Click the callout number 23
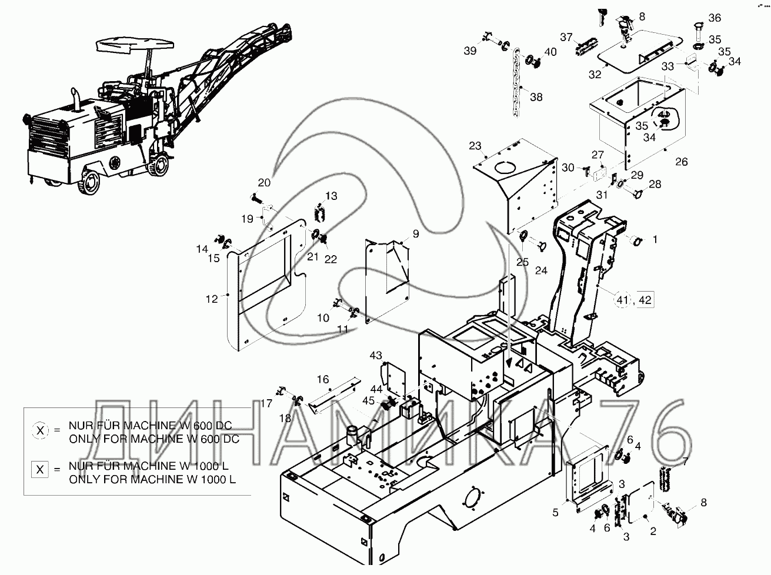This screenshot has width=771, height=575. click(x=475, y=146)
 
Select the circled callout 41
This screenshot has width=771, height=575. click(x=622, y=300)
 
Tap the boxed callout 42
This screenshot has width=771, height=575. click(x=645, y=300)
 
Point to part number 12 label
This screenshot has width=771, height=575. click(x=212, y=299)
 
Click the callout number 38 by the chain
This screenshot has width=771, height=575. click(x=536, y=97)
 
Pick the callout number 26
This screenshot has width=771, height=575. click(x=682, y=162)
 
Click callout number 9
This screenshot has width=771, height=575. click(x=416, y=233)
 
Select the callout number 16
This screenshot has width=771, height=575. click(x=323, y=379)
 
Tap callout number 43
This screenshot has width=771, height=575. click(x=375, y=355)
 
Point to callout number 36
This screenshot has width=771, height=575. click(x=715, y=18)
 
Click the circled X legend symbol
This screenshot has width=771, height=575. click(x=41, y=430)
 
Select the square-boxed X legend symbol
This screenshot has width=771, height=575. click(x=40, y=470)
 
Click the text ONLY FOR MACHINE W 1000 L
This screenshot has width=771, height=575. click(x=152, y=480)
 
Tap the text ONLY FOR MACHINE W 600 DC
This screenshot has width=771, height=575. click(x=154, y=439)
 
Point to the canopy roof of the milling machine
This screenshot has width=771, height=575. click(x=135, y=45)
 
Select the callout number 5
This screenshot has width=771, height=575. click(x=555, y=513)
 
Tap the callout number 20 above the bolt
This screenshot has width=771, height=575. click(x=264, y=182)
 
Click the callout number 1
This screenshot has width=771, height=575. click(x=655, y=239)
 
